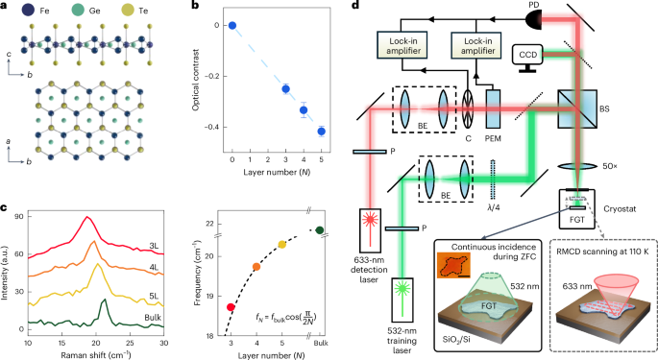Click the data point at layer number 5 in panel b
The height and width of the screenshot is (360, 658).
tap(322, 131)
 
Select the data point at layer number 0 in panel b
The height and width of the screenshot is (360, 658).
tap(232, 25)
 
